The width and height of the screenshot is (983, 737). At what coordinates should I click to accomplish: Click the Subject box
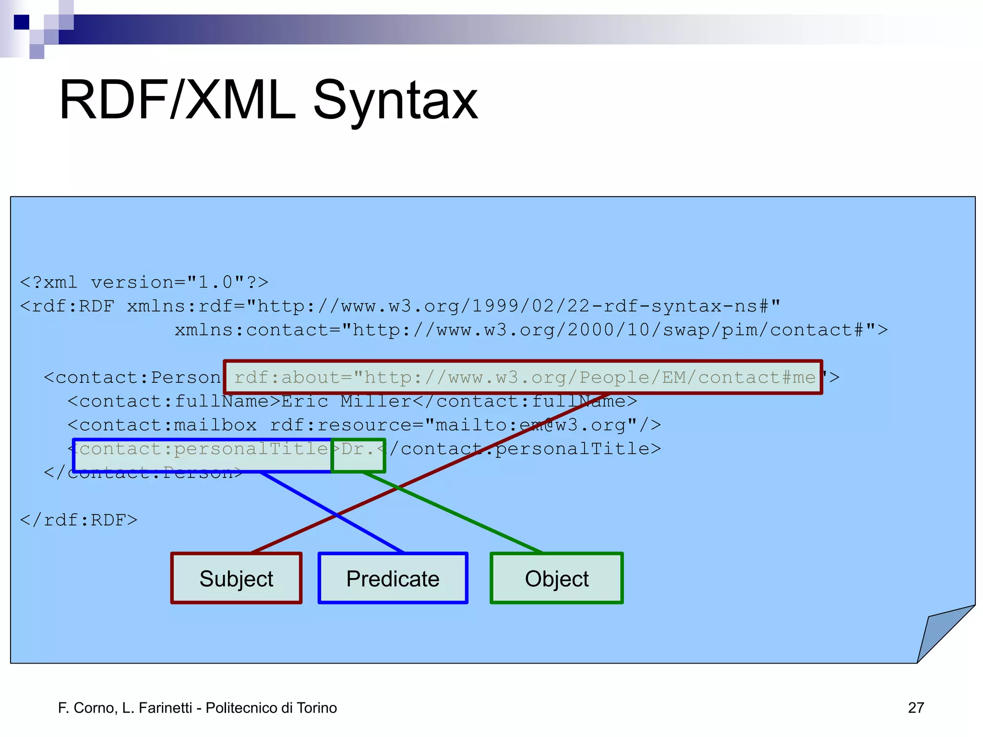pos(236,578)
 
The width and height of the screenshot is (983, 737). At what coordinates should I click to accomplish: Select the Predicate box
pos(393,578)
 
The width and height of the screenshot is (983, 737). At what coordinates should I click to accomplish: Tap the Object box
pos(556,578)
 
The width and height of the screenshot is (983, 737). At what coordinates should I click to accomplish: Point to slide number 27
pos(916,708)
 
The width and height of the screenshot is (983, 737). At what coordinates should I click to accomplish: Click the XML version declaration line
pos(144,282)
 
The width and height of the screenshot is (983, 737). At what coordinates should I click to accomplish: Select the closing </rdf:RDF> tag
pos(79,520)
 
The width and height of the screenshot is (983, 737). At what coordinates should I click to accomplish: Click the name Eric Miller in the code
pos(346,401)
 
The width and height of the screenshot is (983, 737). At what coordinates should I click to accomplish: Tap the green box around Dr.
pos(358,455)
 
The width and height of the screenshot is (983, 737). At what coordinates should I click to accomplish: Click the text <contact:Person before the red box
pos(132,378)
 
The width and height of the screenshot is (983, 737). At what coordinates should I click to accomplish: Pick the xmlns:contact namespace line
pos(530,330)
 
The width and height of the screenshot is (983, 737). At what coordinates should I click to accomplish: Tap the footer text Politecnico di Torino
pos(271,708)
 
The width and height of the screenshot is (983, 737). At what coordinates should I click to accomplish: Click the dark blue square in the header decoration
pos(21,22)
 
